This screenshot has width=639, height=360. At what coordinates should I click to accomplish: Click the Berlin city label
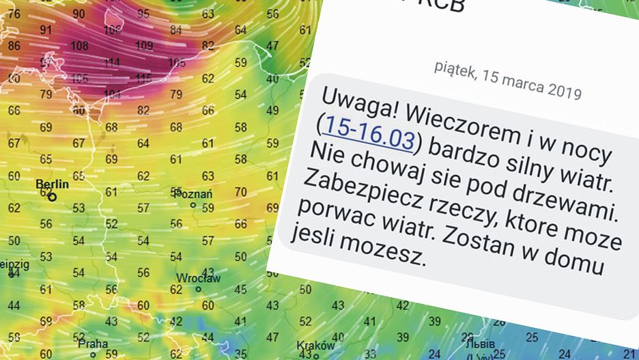click(52, 184)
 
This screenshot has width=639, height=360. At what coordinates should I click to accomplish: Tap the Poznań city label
click(195, 193)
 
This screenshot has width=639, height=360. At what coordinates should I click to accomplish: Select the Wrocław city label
click(198, 278)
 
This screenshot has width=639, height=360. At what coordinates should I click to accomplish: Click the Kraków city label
click(316, 346)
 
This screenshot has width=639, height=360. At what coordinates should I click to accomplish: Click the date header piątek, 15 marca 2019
click(507, 80)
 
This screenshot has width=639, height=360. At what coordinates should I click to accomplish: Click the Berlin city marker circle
click(52, 196)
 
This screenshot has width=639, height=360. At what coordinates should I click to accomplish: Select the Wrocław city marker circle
click(198, 289)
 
